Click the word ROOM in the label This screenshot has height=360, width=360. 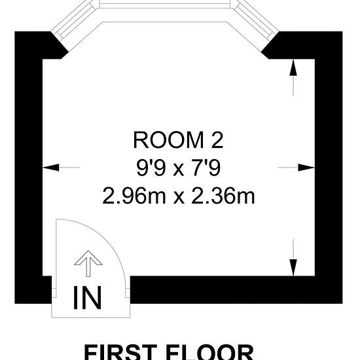coord(168,140)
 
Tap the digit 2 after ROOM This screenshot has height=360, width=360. coord(217,140)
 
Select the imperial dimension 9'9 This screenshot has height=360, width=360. coord(151,168)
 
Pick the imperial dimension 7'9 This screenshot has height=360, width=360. coord(206,168)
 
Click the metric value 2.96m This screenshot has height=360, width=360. coord(134,196)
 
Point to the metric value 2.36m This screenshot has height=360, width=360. coord(223,196)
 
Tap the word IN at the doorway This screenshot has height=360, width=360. coord(87,298)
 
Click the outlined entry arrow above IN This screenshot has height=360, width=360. coord(88,263)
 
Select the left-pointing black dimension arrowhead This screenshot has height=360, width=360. coord(51,168)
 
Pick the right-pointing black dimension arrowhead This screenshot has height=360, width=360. coord(306,168)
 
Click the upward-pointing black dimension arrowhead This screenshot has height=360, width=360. coord(293,67)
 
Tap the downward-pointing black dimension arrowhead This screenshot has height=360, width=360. coord(293,268)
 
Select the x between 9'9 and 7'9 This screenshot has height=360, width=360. coord(179,170)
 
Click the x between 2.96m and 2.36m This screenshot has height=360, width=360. coord(179,198)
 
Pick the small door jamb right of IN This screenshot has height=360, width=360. coord(128,293)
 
